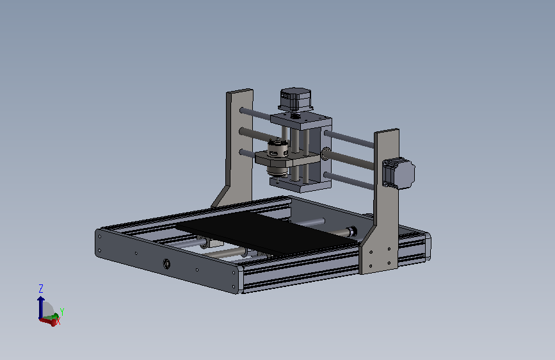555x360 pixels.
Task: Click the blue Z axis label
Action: tap(41, 288)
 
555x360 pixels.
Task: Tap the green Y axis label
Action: tap(62, 312)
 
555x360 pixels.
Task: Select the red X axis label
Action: tap(58, 322)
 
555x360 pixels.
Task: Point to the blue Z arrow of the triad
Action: tap(41, 307)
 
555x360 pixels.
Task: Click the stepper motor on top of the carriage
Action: tap(296, 99)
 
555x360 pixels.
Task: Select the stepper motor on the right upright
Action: tap(399, 173)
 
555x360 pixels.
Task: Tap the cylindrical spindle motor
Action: tap(277, 158)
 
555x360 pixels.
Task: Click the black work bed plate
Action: tap(266, 232)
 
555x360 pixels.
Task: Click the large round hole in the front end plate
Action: tap(166, 263)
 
